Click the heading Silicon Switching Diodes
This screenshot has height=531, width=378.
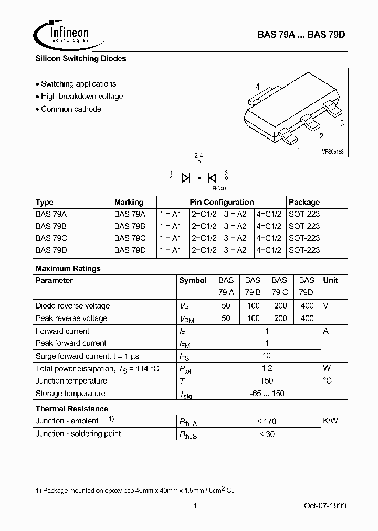(81, 59)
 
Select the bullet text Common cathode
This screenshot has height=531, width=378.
(71, 109)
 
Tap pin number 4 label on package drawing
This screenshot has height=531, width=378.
(258, 87)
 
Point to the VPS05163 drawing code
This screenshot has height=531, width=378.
(332, 151)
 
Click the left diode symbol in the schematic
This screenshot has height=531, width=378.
(186, 178)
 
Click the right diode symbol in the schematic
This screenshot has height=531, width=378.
(213, 178)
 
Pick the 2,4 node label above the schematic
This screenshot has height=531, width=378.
(198, 156)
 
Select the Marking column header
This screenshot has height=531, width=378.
(129, 202)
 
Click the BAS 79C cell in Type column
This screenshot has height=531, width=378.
(51, 238)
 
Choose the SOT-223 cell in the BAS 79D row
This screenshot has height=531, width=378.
(304, 250)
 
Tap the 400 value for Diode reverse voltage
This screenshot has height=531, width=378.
(307, 305)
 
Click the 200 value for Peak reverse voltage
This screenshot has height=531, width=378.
(280, 318)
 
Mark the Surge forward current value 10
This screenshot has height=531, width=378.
(267, 356)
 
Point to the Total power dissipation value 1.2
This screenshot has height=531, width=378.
(267, 368)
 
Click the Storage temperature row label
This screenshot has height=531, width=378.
(70, 394)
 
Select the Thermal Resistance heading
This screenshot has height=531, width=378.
(72, 409)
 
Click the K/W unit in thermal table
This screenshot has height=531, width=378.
(330, 421)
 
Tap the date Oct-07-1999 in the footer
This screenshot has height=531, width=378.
(325, 506)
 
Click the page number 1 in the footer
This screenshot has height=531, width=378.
(195, 506)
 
